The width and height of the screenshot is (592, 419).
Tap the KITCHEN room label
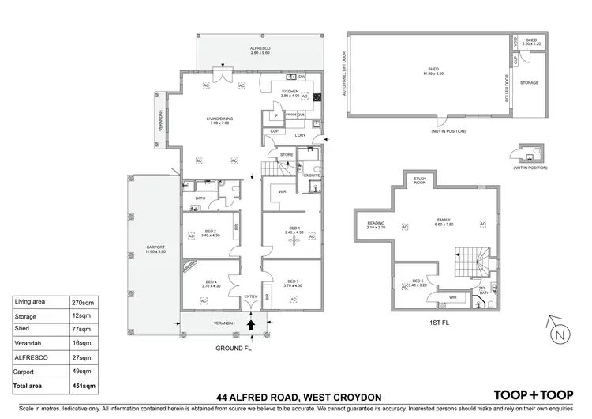pos(290,92)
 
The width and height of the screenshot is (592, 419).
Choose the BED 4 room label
pos(211,282)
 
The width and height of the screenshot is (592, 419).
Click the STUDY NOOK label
pos(420,181)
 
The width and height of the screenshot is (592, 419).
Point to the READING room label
pos(375,224)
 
